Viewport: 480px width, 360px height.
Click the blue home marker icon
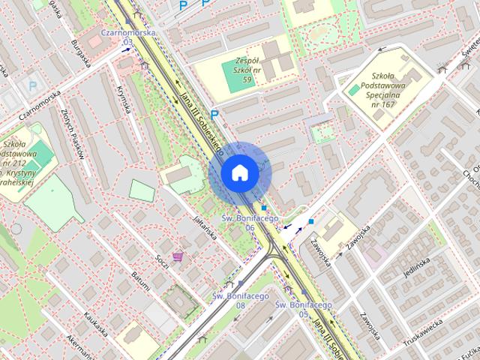coord(240,172)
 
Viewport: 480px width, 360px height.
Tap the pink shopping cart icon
coord(178,257)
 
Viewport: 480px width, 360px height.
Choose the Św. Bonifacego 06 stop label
coord(250,222)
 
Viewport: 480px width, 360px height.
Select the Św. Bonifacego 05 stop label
coord(303,309)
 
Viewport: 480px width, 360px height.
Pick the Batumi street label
coord(140,284)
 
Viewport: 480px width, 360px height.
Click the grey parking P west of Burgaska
coord(32,86)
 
